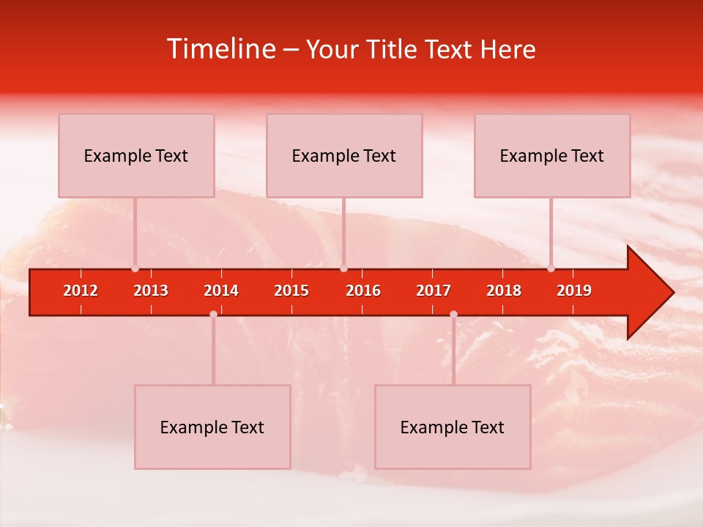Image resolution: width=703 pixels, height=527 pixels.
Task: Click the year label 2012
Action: (x=81, y=291)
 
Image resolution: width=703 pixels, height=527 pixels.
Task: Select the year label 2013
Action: (x=151, y=291)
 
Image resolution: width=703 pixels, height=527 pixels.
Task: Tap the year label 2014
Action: (x=221, y=291)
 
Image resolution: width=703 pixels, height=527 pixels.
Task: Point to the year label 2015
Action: (x=291, y=291)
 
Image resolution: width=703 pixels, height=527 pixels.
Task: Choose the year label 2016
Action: (x=363, y=291)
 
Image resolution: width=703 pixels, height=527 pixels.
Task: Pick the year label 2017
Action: (x=434, y=291)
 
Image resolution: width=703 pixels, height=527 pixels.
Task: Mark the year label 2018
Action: (x=504, y=291)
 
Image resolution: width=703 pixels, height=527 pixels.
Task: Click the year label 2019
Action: (x=574, y=291)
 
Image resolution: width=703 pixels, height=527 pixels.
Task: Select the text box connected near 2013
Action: (x=136, y=155)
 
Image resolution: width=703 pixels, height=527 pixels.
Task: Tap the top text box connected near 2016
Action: (x=344, y=155)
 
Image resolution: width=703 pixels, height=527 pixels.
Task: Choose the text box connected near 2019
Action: (x=552, y=155)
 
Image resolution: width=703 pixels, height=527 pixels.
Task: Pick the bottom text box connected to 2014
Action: (x=212, y=427)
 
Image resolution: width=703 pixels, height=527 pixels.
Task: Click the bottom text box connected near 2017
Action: (x=453, y=427)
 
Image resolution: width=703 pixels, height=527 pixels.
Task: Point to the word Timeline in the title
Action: (x=221, y=49)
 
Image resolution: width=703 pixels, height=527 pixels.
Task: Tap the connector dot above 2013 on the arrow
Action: (x=135, y=269)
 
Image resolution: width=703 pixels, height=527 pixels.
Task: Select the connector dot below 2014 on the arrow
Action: (x=213, y=314)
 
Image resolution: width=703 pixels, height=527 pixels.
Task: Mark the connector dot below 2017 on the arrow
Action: (x=453, y=314)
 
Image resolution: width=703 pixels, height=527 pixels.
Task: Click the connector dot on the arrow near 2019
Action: (x=551, y=269)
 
